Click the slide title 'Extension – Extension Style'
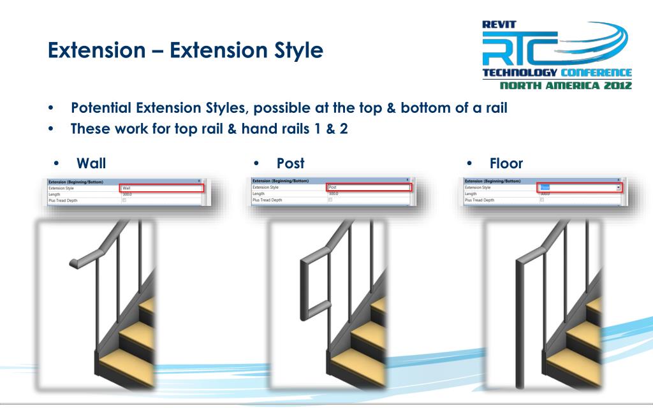185,49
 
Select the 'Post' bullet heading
291,163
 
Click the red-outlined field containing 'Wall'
161,188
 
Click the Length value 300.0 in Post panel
332,194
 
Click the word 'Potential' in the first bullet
103,108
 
